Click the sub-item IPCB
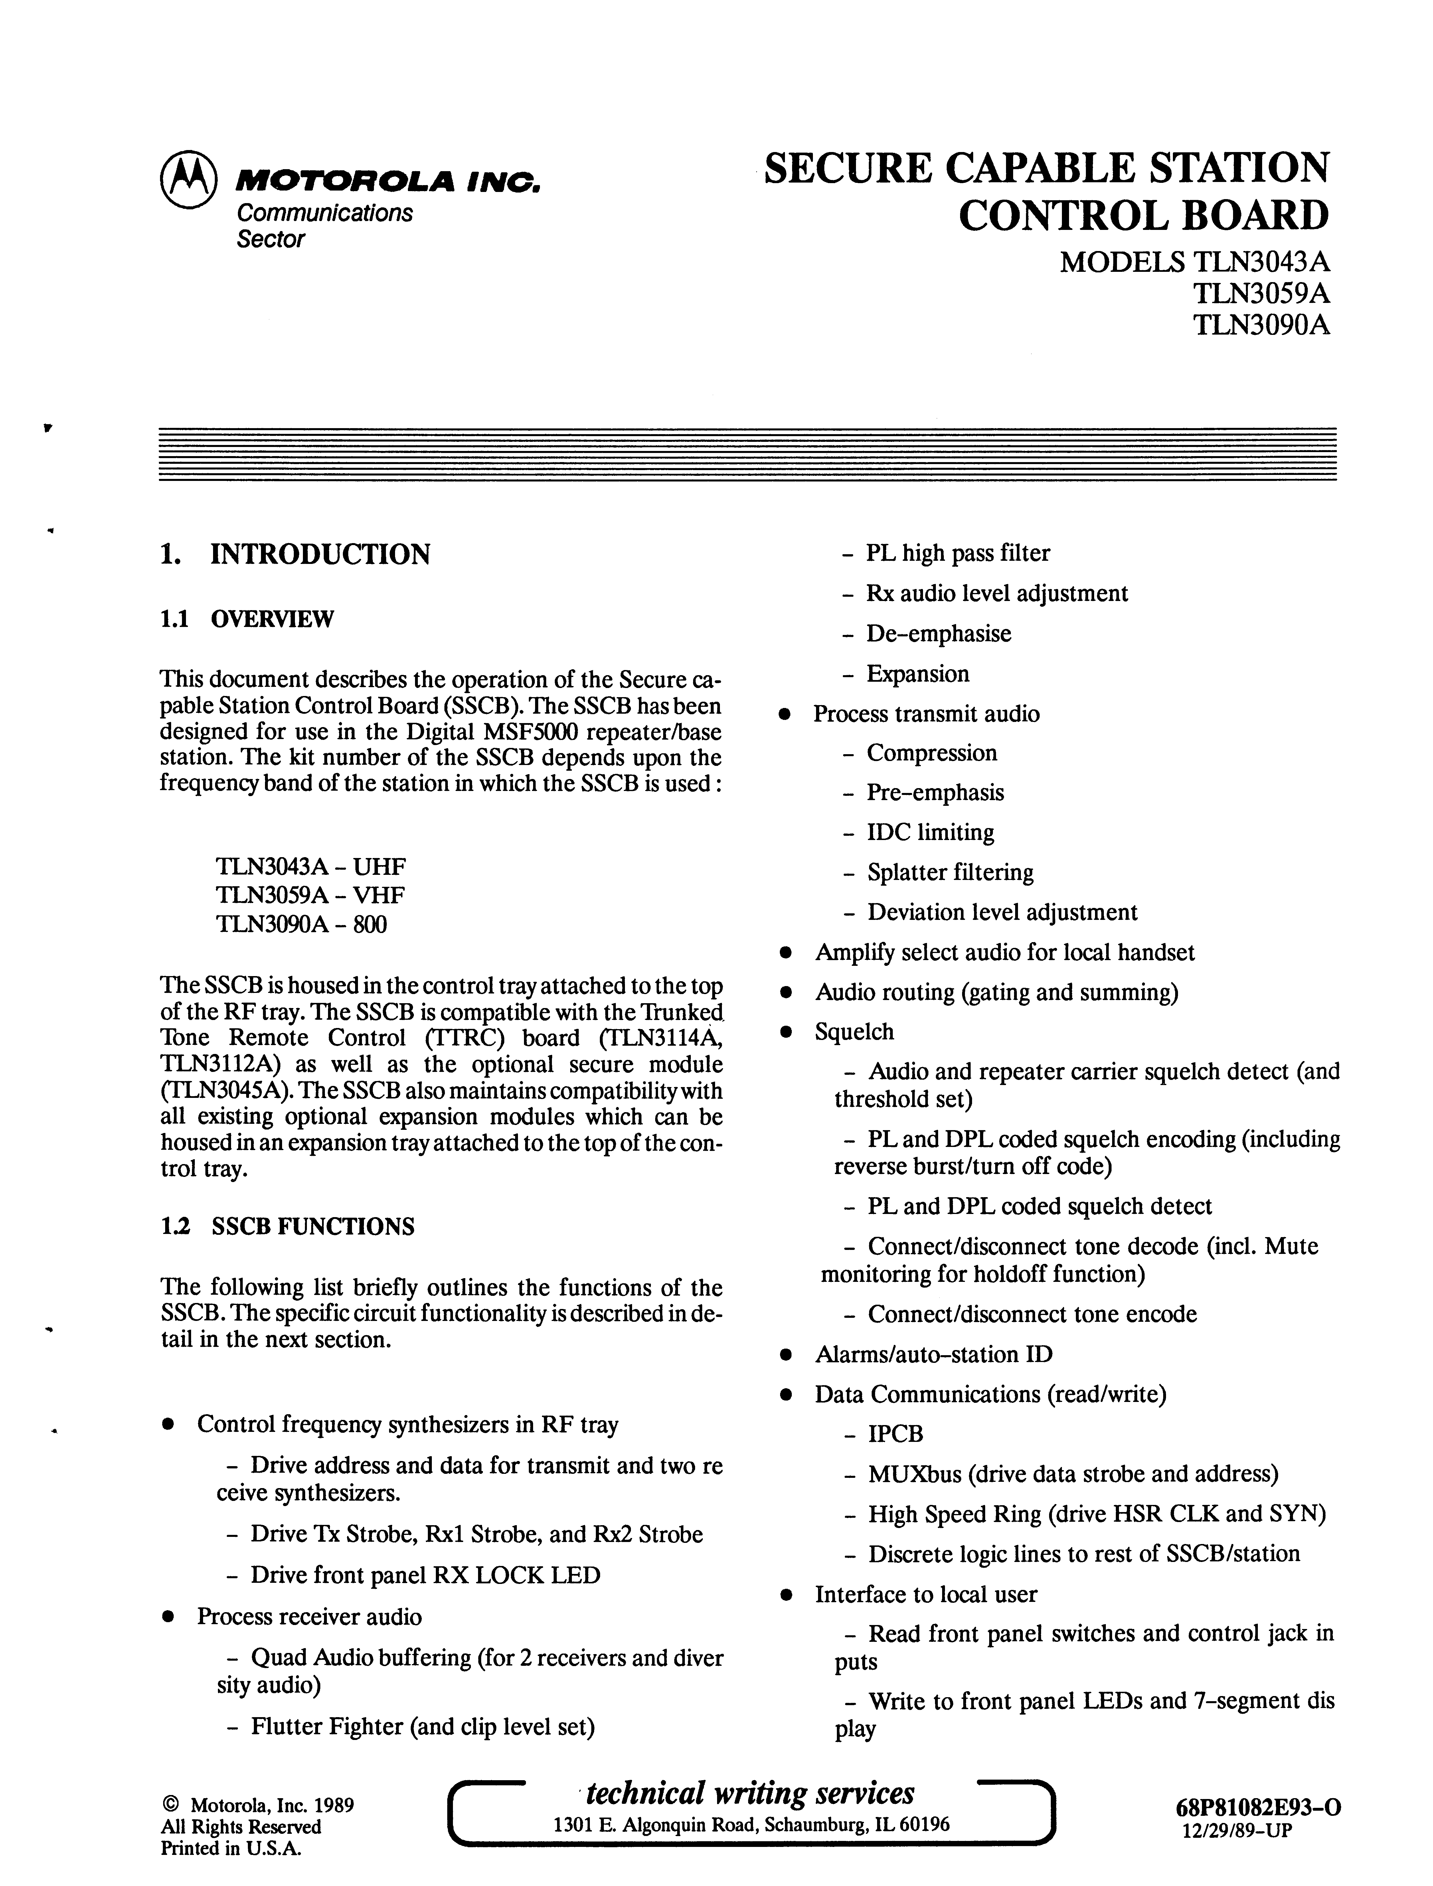(896, 1435)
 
